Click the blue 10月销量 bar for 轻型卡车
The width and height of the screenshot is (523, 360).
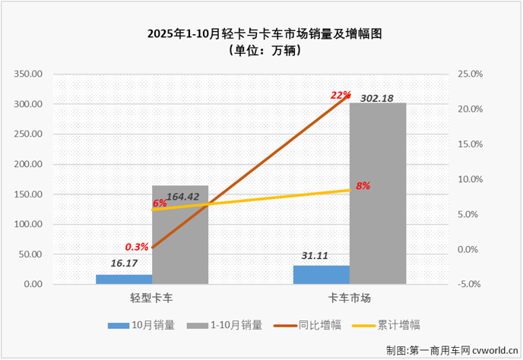click(x=124, y=279)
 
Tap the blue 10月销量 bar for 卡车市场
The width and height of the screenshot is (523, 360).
click(x=322, y=275)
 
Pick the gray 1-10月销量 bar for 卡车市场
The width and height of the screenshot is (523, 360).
click(x=378, y=194)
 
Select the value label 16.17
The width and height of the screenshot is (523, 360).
click(x=124, y=264)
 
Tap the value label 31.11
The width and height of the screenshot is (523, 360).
click(x=312, y=256)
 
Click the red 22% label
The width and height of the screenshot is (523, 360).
click(x=341, y=95)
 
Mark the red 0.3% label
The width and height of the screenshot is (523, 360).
click(x=136, y=247)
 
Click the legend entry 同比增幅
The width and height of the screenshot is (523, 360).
click(x=315, y=324)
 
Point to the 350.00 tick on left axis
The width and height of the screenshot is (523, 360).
click(x=29, y=74)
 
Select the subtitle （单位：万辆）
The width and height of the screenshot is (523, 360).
click(x=261, y=50)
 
